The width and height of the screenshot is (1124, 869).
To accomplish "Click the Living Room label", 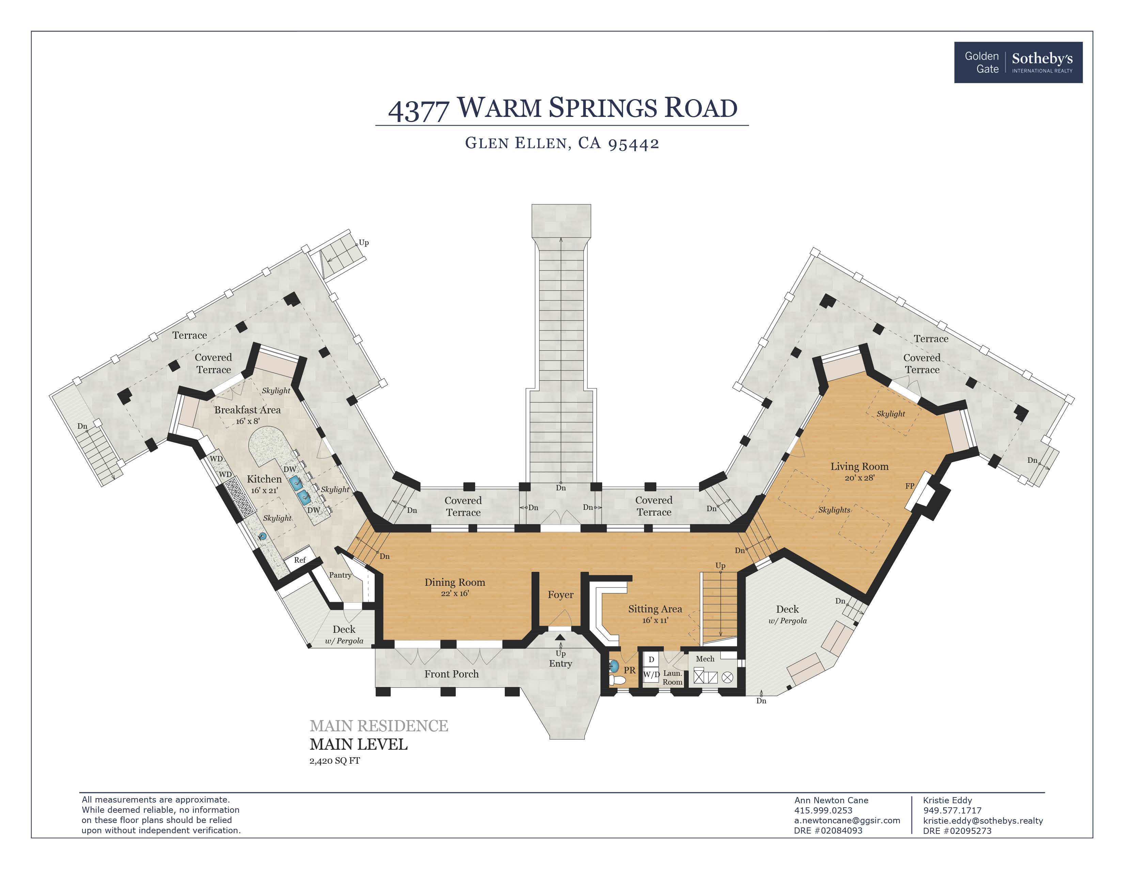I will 859,467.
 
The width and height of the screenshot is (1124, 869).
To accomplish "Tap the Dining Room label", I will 454,582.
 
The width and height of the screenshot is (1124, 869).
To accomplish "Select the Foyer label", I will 560,595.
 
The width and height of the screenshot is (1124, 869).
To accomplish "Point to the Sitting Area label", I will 655,609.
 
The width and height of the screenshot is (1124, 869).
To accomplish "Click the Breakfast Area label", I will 247,410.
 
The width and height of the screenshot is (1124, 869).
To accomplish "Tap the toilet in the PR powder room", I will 617,681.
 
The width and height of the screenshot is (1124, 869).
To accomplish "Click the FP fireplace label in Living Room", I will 909,486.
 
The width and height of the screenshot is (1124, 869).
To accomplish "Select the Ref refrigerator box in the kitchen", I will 299,560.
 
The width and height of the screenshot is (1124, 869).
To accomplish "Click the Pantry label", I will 340,575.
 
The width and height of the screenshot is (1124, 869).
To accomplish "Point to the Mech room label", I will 705,659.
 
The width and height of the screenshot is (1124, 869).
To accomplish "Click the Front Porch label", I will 451,674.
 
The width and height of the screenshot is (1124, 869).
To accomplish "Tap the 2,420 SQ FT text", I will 334,761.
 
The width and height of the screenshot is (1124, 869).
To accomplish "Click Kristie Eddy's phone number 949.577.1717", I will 952,810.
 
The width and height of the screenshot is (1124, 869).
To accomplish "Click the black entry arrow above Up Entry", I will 560,637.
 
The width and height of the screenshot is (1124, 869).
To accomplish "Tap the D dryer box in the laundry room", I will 651,659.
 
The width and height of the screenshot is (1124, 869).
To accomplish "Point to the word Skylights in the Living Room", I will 834,510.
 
